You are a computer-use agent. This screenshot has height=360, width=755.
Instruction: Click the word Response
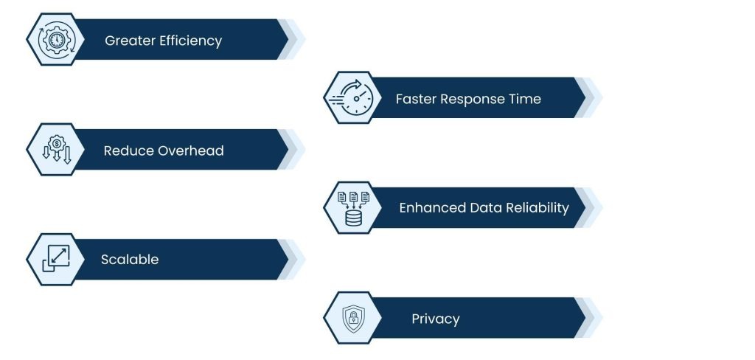(473, 100)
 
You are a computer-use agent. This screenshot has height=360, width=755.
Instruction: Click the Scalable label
(130, 259)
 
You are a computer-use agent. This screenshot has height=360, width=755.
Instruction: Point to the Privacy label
(435, 319)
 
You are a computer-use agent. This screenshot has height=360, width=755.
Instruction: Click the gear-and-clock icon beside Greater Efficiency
(56, 40)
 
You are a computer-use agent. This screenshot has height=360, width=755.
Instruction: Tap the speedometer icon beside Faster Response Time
(351, 97)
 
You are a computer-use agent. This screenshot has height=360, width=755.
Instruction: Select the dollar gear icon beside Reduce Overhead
(57, 149)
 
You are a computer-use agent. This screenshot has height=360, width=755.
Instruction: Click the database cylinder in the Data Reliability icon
(353, 218)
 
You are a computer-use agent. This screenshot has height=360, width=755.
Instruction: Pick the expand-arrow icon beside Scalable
(56, 258)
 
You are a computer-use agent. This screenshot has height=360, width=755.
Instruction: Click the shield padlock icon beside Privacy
(353, 318)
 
